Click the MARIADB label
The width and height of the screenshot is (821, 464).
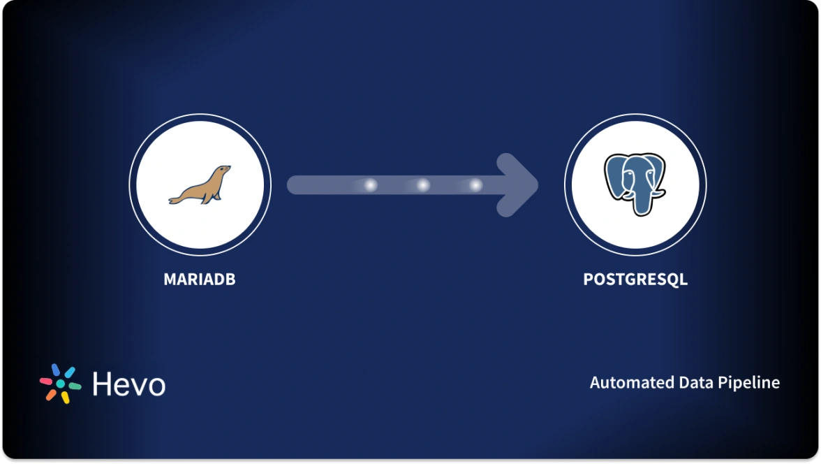[200, 280]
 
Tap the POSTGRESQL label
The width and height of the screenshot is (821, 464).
[635, 280]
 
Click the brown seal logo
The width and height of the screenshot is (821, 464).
[200, 185]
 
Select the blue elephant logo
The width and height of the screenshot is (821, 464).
[635, 184]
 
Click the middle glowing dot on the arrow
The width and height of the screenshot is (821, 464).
[423, 185]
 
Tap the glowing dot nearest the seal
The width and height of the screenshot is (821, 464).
[371, 185]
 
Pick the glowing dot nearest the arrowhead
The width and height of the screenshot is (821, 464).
[475, 185]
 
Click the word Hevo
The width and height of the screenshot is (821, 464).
[129, 384]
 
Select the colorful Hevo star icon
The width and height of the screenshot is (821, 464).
[61, 384]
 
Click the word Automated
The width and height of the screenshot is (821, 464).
[633, 383]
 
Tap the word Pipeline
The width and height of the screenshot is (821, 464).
[752, 383]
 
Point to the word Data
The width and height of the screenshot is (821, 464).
[699, 383]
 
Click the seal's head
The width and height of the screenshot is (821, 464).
[223, 171]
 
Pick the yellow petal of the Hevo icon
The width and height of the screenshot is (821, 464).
[65, 398]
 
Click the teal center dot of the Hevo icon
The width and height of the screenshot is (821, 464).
[61, 384]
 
